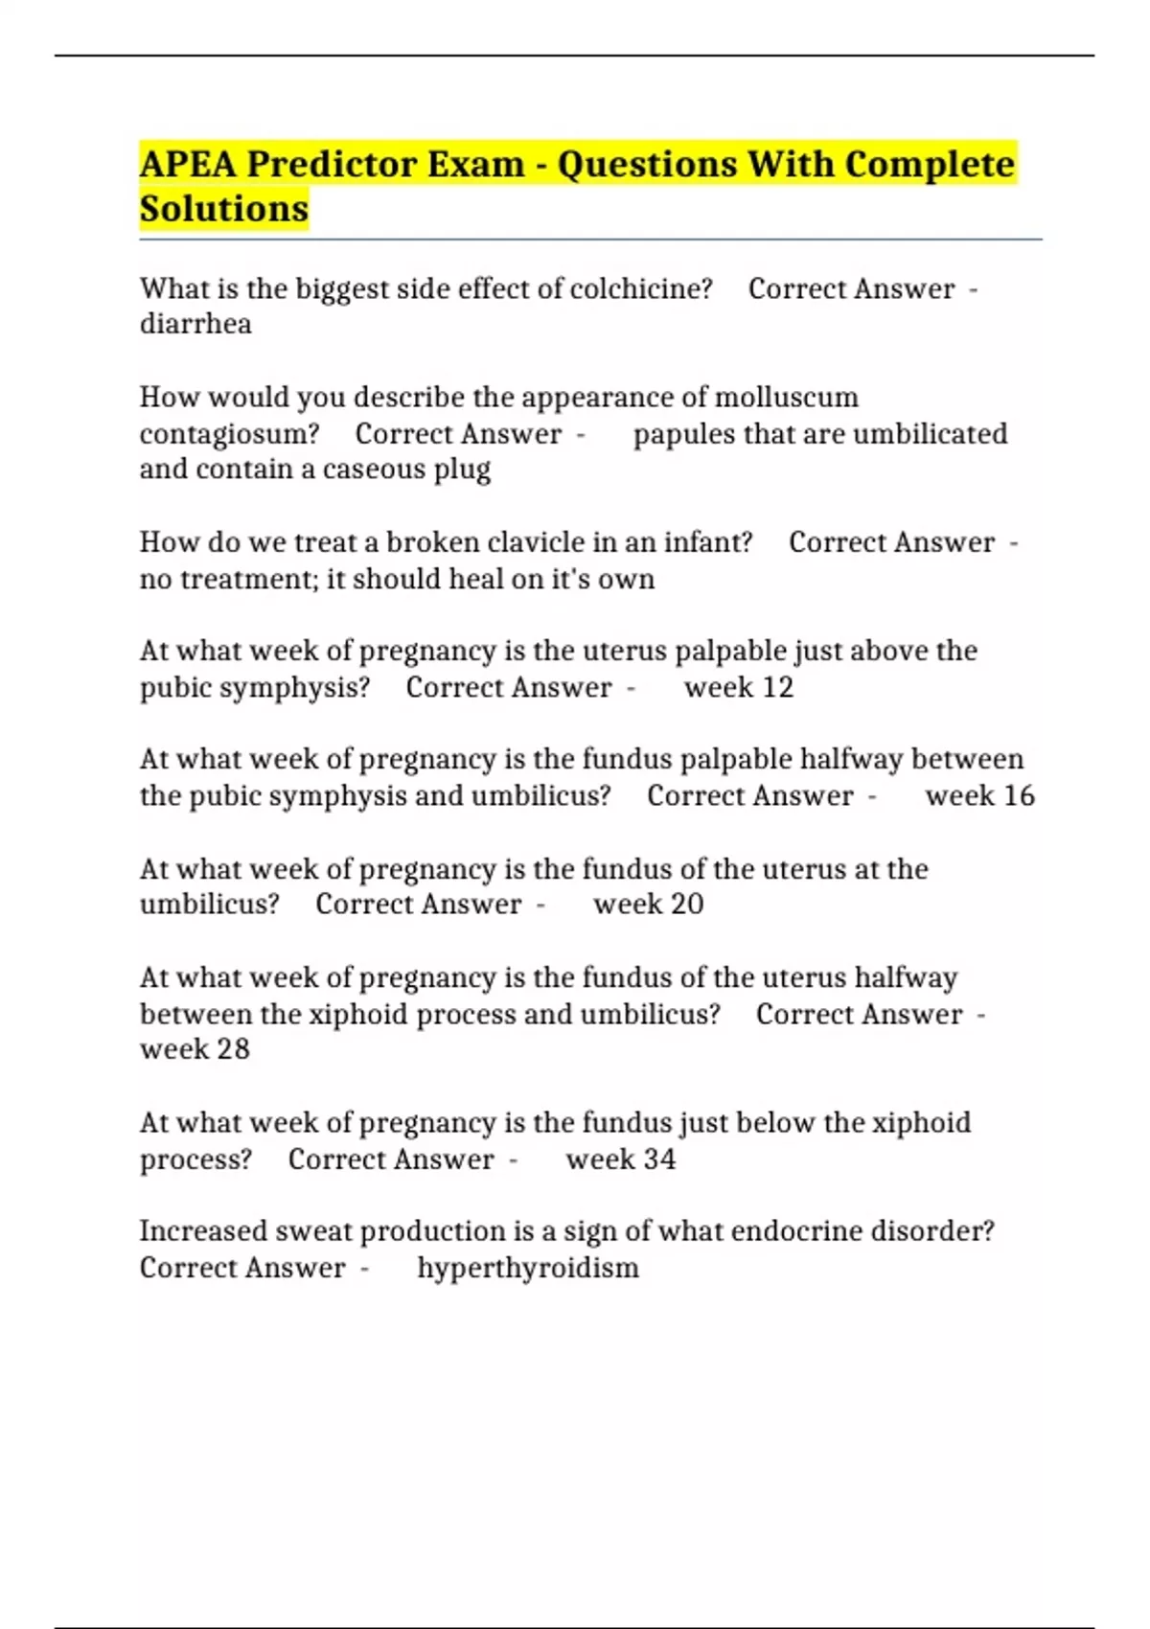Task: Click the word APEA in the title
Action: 188,165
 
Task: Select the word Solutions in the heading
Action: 224,209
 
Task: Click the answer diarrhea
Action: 195,324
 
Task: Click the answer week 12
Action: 738,687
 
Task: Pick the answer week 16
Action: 979,795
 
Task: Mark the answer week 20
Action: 648,904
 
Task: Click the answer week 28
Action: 195,1049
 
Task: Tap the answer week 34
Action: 620,1159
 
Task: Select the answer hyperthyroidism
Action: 528,1268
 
